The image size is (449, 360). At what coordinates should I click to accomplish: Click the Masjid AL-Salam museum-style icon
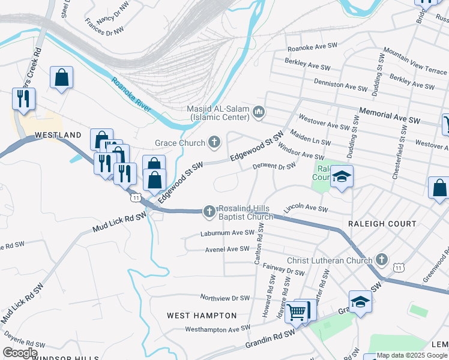tap(259, 112)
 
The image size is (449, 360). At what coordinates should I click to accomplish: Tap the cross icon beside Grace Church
tap(214, 143)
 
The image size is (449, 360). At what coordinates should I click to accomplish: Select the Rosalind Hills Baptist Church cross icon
tap(209, 211)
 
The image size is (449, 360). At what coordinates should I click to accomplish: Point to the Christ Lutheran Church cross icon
tap(381, 260)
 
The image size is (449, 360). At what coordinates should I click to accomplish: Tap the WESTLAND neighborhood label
tap(58, 135)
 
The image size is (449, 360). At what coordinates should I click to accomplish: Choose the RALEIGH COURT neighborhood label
tap(382, 224)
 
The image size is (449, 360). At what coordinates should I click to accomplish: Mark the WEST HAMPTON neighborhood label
tap(202, 316)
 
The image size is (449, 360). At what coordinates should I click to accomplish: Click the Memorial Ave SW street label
tap(390, 115)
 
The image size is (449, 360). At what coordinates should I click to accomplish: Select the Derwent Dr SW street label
tap(274, 166)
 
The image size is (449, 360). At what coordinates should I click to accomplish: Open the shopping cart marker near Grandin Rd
tap(297, 311)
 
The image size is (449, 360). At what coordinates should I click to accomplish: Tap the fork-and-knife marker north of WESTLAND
tap(23, 99)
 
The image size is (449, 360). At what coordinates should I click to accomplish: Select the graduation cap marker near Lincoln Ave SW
tap(342, 177)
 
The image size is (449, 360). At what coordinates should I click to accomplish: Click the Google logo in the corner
tap(20, 353)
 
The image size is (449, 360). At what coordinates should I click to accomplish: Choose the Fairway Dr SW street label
tap(287, 272)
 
